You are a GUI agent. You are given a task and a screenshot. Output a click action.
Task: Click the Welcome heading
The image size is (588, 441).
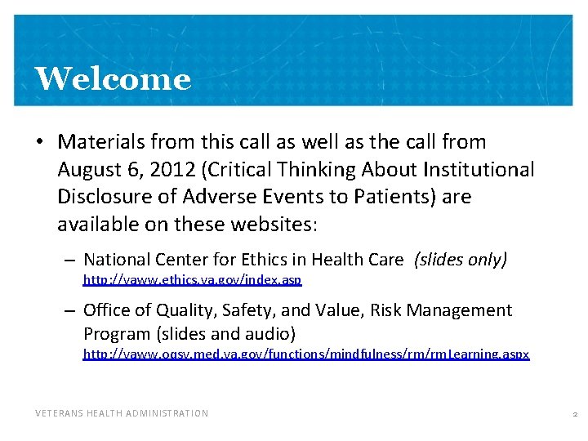coord(113,79)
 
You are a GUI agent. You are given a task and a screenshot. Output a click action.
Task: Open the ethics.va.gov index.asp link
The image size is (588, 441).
coord(193,280)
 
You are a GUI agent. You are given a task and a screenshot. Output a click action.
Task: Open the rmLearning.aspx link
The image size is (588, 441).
coord(306,354)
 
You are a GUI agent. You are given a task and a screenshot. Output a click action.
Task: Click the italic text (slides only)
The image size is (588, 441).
coord(461,260)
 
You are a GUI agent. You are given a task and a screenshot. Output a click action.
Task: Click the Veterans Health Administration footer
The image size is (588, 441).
coord(122,413)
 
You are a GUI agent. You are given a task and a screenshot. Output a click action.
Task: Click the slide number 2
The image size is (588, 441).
coord(575,414)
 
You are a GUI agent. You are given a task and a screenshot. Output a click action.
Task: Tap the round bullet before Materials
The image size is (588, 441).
coord(39,143)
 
